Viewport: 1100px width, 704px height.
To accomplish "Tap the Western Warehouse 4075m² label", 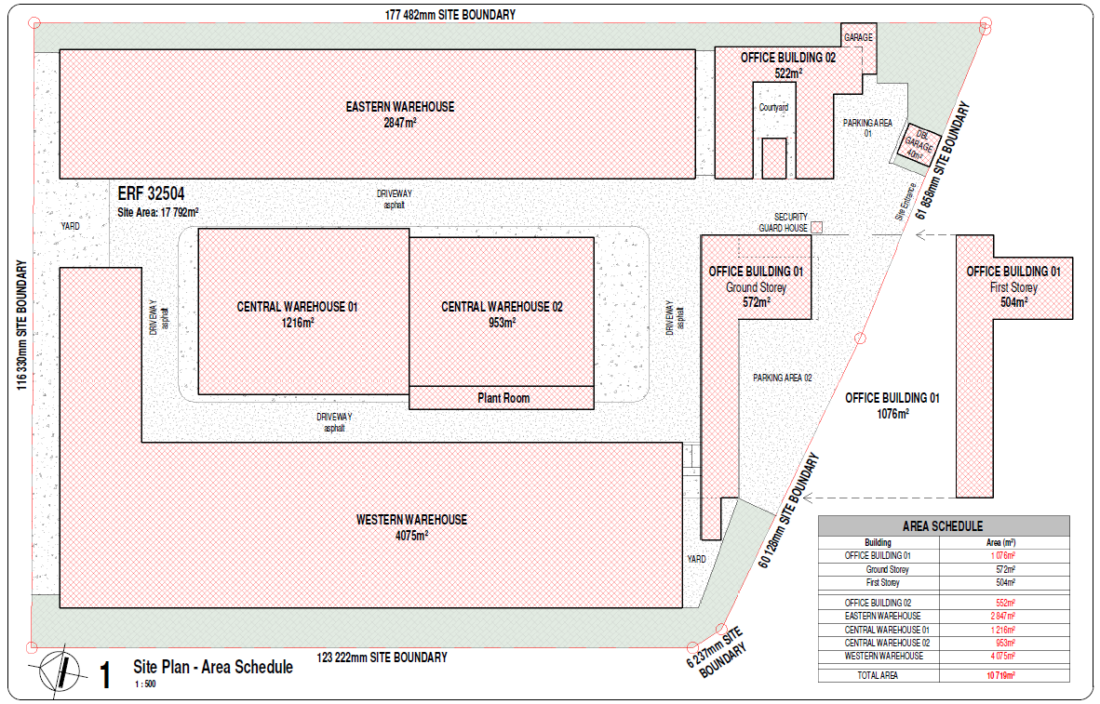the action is [x=411, y=527].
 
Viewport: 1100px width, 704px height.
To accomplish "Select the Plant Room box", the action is [x=502, y=398].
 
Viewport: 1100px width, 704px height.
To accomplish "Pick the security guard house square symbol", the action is [x=816, y=227].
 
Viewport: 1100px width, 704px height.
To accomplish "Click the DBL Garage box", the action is [x=919, y=144].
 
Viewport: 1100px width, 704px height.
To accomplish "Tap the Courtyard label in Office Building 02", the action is [x=773, y=107].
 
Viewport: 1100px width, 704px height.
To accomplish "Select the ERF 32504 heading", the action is [x=151, y=193].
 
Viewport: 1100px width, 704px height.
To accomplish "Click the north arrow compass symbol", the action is [x=60, y=668].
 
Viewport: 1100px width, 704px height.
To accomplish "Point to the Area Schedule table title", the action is [x=943, y=525].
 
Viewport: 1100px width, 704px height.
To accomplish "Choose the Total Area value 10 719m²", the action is [x=1001, y=675].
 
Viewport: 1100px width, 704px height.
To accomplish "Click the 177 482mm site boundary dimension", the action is [x=450, y=14].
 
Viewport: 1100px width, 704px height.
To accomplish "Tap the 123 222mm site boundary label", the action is [x=382, y=657].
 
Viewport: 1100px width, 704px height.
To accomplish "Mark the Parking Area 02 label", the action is [x=783, y=378].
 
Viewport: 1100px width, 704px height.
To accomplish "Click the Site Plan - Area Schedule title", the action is [x=213, y=667].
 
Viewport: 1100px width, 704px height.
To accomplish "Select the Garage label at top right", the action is [x=859, y=37].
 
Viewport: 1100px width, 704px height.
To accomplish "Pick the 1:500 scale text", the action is [x=145, y=684].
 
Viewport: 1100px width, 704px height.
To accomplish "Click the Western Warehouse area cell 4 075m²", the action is [x=1002, y=656].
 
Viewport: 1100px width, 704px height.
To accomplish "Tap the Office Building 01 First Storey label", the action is [x=1013, y=286].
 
